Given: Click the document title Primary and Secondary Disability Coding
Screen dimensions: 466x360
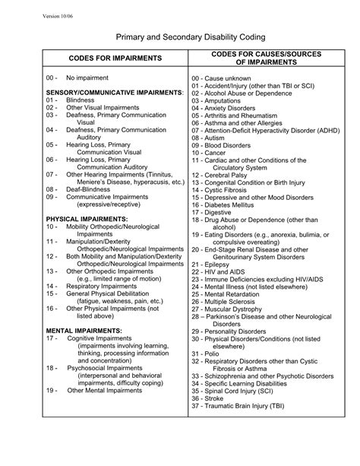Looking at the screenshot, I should [x=179, y=36].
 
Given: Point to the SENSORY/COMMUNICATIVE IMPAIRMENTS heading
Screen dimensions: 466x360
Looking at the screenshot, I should [x=114, y=92].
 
